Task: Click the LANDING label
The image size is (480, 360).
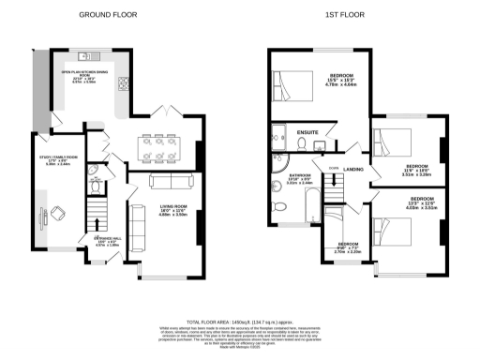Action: [x=353, y=169]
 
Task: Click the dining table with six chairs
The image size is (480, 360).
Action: [x=159, y=148]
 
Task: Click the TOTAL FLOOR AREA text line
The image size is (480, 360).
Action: [x=240, y=321]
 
